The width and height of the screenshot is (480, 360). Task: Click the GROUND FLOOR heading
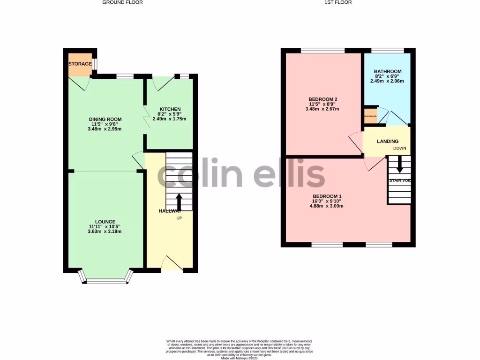(123, 2)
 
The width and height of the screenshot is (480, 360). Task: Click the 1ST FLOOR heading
(338, 2)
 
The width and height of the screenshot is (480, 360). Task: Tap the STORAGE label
(80, 64)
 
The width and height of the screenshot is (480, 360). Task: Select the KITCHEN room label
(169, 109)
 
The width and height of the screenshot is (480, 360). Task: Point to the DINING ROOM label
(105, 119)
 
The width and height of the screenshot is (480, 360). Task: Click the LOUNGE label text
(105, 222)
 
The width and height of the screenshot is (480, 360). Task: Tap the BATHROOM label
(388, 72)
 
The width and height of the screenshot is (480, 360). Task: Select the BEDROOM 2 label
(323, 99)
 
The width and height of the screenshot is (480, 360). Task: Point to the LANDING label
(388, 141)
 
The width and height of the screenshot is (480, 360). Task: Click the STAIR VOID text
(400, 180)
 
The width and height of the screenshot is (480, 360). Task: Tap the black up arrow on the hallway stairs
(179, 201)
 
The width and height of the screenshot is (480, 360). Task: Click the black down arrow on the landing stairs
(400, 165)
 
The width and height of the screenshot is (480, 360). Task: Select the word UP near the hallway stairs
(179, 218)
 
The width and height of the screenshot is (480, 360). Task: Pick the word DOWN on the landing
(400, 148)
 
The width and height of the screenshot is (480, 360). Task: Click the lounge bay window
(106, 281)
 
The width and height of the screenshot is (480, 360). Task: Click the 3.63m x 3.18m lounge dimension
(105, 232)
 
